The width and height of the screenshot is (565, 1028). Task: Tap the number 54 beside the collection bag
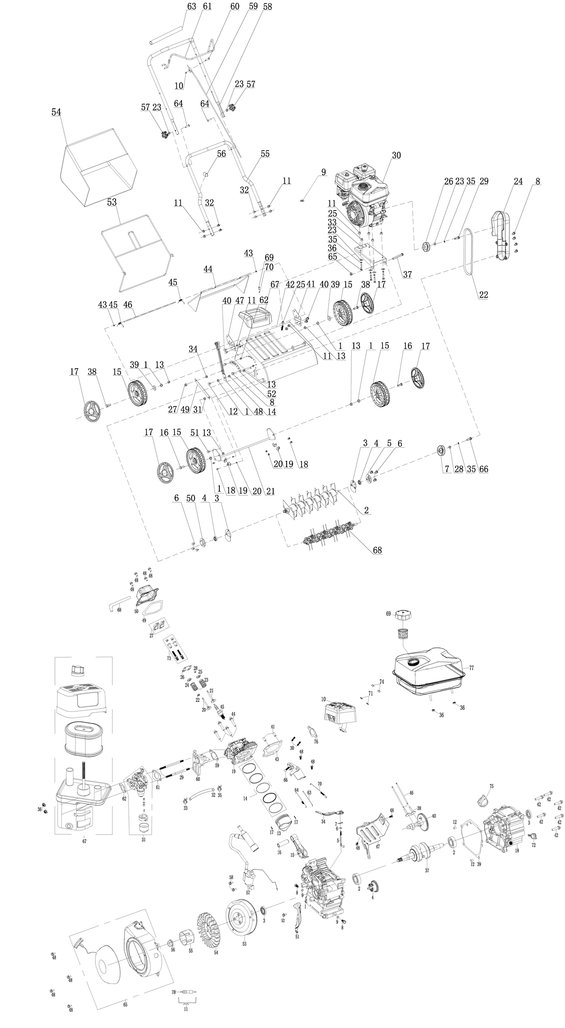(x=56, y=111)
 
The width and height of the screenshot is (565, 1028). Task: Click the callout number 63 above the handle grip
(x=178, y=7)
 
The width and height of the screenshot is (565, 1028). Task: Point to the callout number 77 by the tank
(x=472, y=668)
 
